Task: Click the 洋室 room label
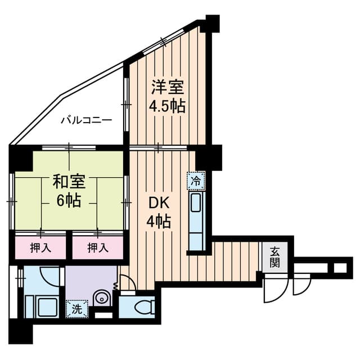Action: tap(168, 87)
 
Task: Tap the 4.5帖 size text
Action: tap(168, 106)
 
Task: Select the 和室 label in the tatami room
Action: tap(69, 181)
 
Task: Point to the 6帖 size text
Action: tap(69, 200)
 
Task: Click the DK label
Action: tap(159, 203)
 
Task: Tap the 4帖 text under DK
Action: tap(159, 222)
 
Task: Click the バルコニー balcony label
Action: tap(86, 120)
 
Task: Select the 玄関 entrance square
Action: tap(275, 257)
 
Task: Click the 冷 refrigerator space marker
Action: tap(196, 181)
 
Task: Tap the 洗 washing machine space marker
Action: tap(76, 309)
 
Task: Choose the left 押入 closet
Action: tap(40, 247)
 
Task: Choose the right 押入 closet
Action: tap(98, 247)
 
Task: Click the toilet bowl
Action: tap(144, 307)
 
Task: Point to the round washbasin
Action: tap(102, 299)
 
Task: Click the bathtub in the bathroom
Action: tap(48, 307)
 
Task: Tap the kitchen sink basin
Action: tap(196, 202)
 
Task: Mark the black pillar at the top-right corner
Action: tap(213, 24)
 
